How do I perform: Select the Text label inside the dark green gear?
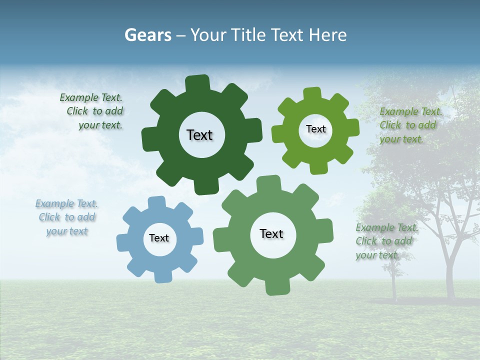pyautogui.click(x=199, y=135)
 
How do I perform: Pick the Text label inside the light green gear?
pyautogui.click(x=315, y=129)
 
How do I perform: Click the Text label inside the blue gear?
pyautogui.click(x=159, y=238)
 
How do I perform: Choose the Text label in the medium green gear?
pyautogui.click(x=271, y=234)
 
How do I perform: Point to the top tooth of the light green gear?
pyautogui.click(x=312, y=94)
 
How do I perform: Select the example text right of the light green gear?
pyautogui.click(x=410, y=125)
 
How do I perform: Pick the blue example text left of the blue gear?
pyautogui.click(x=66, y=217)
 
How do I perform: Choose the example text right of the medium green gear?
pyautogui.click(x=386, y=241)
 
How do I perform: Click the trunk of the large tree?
pyautogui.click(x=450, y=270)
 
